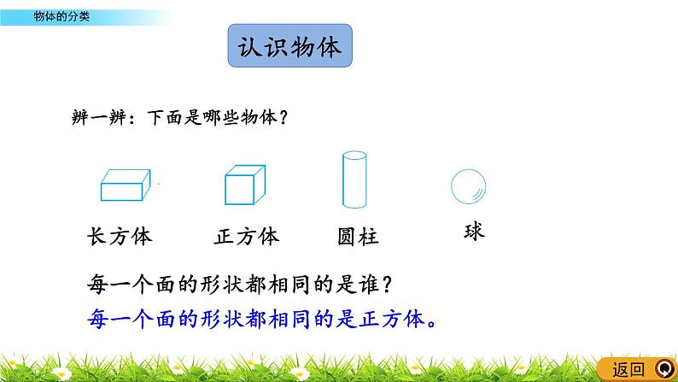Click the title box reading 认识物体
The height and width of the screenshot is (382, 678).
tap(289, 45)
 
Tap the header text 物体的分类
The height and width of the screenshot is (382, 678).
tap(61, 17)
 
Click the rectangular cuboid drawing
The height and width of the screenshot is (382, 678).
tap(126, 185)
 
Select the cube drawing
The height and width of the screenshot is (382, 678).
tap(245, 185)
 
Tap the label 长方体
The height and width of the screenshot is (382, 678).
tap(120, 237)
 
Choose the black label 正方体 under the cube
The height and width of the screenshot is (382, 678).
tap(247, 237)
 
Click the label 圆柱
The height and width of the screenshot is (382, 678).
tap(358, 237)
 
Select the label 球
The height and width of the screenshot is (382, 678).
tap(474, 232)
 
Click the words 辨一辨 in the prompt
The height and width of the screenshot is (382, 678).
tap(99, 117)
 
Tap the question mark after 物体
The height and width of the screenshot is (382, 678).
tap(283, 117)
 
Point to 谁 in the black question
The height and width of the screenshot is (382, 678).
tap(369, 285)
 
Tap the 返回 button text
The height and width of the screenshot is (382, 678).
tap(628, 370)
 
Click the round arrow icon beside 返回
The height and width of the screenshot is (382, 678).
tap(664, 369)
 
